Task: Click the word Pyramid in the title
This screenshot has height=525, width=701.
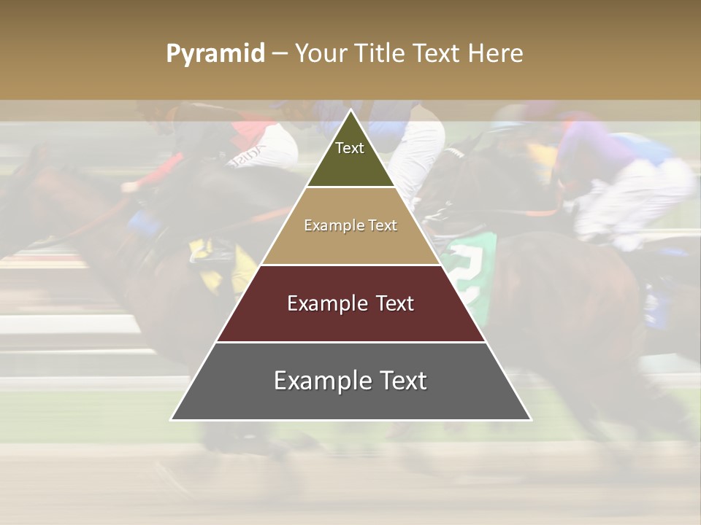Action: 215,54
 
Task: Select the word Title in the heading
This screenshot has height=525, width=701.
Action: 383,54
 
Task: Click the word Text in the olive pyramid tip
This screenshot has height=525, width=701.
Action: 350,148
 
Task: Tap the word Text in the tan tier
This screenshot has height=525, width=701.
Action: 382,226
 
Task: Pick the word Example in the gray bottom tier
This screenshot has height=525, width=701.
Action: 319,381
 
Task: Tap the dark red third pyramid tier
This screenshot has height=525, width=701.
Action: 350,324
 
